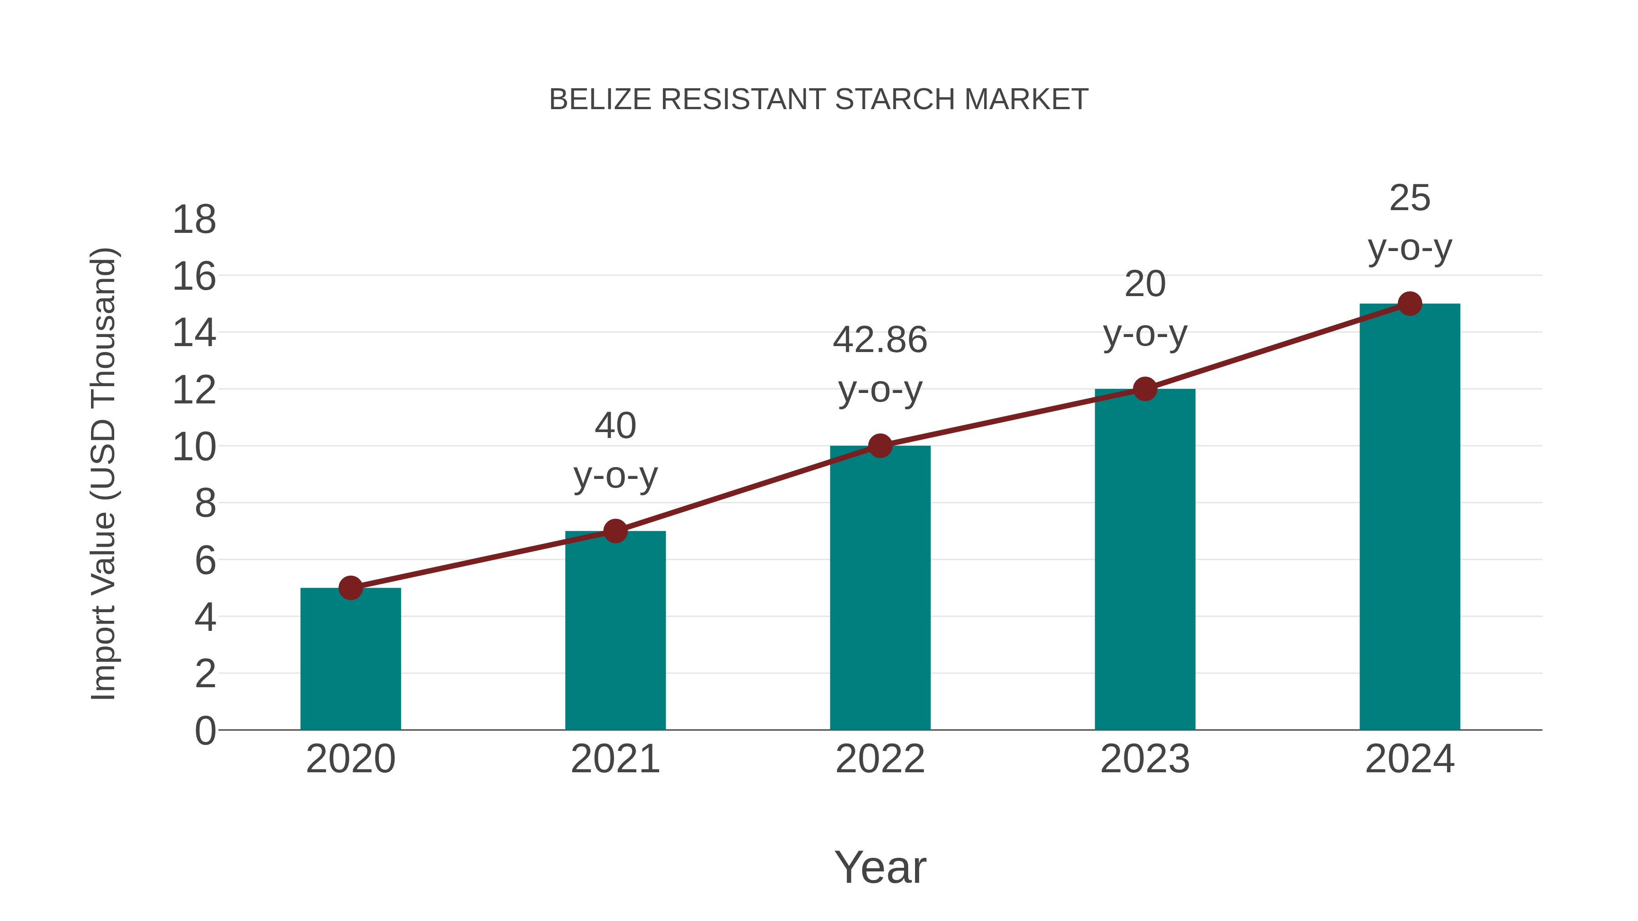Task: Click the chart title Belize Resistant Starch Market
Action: point(819,100)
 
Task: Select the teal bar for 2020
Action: point(350,661)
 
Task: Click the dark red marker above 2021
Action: point(615,531)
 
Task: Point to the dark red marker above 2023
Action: point(1145,389)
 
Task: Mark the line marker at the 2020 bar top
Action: point(350,588)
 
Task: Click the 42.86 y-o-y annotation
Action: point(880,366)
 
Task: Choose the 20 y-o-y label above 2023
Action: point(1145,308)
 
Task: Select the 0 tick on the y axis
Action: point(205,731)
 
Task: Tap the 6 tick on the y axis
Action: point(205,561)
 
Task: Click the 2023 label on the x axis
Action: point(1145,759)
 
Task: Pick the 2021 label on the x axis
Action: point(615,759)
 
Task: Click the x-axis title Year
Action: point(880,867)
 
